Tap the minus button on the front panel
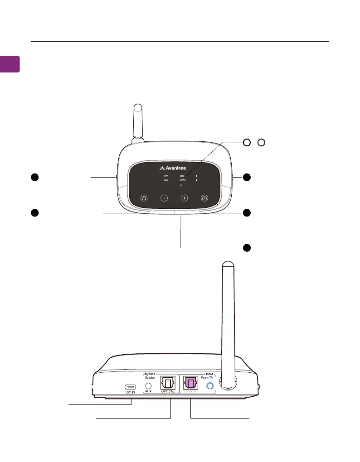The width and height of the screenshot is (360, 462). click(x=164, y=197)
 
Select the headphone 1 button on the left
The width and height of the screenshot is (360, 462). click(x=144, y=197)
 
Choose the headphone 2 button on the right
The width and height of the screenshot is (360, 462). click(x=204, y=197)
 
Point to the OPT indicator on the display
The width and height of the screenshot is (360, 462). click(x=166, y=175)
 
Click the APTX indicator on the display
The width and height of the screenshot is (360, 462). click(x=183, y=180)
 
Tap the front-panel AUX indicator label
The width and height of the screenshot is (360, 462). click(x=166, y=180)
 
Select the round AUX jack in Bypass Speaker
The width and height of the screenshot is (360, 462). click(x=148, y=387)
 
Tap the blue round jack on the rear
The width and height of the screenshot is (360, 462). click(x=209, y=386)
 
